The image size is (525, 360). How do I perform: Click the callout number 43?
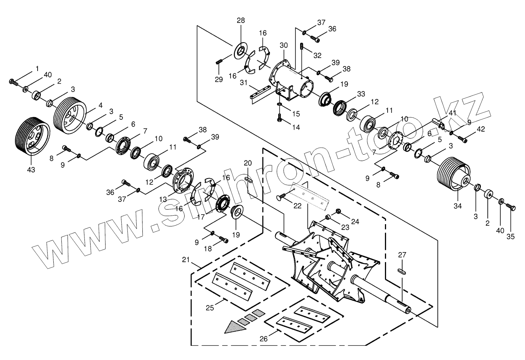31,169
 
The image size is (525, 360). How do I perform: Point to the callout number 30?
284,45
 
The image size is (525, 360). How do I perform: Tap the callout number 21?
186,261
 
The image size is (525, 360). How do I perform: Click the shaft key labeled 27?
402,271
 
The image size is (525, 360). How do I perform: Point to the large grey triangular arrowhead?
234,327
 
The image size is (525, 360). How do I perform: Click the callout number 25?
210,308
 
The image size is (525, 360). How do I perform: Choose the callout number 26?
264,339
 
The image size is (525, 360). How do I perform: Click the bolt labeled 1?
13,81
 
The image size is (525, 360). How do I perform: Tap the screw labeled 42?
462,139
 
